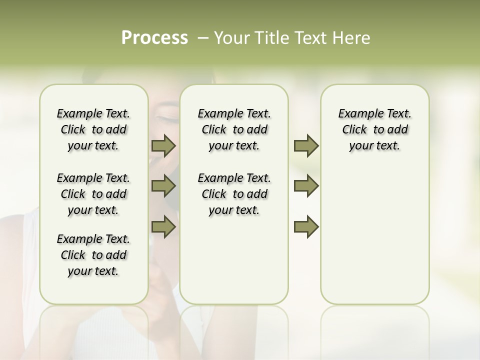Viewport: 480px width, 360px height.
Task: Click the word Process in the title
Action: (x=154, y=38)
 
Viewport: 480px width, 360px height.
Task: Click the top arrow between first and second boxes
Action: (x=163, y=146)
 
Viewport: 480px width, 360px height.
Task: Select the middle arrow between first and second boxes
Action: (x=163, y=186)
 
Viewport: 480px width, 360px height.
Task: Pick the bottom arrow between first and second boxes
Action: (x=163, y=227)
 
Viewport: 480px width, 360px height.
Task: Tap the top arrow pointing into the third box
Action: (x=306, y=146)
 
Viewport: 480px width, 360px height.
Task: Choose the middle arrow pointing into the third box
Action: (x=306, y=186)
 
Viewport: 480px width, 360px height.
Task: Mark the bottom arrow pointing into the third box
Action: (x=306, y=227)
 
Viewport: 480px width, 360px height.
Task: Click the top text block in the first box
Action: (x=93, y=129)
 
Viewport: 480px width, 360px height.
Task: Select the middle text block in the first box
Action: (x=93, y=194)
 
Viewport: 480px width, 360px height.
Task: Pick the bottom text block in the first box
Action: (x=93, y=255)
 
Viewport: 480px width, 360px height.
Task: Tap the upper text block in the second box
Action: (x=234, y=129)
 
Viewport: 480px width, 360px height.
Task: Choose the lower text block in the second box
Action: (x=234, y=194)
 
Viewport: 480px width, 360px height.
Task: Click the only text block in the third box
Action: (x=374, y=129)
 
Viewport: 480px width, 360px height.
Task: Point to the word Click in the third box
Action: (x=354, y=130)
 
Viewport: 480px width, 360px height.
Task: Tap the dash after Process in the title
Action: (x=203, y=38)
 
